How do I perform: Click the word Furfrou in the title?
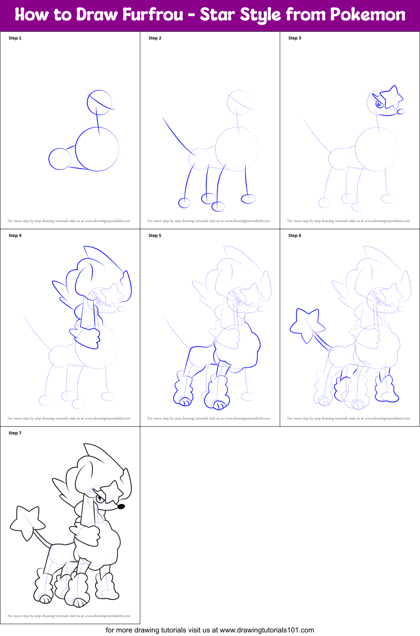153,15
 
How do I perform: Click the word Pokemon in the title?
368,15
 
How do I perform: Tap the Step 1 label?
15,38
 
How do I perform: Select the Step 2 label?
155,38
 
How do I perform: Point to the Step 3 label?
295,38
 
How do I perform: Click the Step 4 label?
15,235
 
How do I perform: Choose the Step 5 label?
155,235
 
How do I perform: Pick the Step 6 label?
295,235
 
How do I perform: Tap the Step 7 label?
15,433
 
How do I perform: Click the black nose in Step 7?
121,507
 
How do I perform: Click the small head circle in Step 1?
99,102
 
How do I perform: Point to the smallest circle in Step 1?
60,159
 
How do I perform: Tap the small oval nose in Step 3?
401,112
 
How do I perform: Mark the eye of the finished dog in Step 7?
100,499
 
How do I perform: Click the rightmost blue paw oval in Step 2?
248,199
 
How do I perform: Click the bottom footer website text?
210,630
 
